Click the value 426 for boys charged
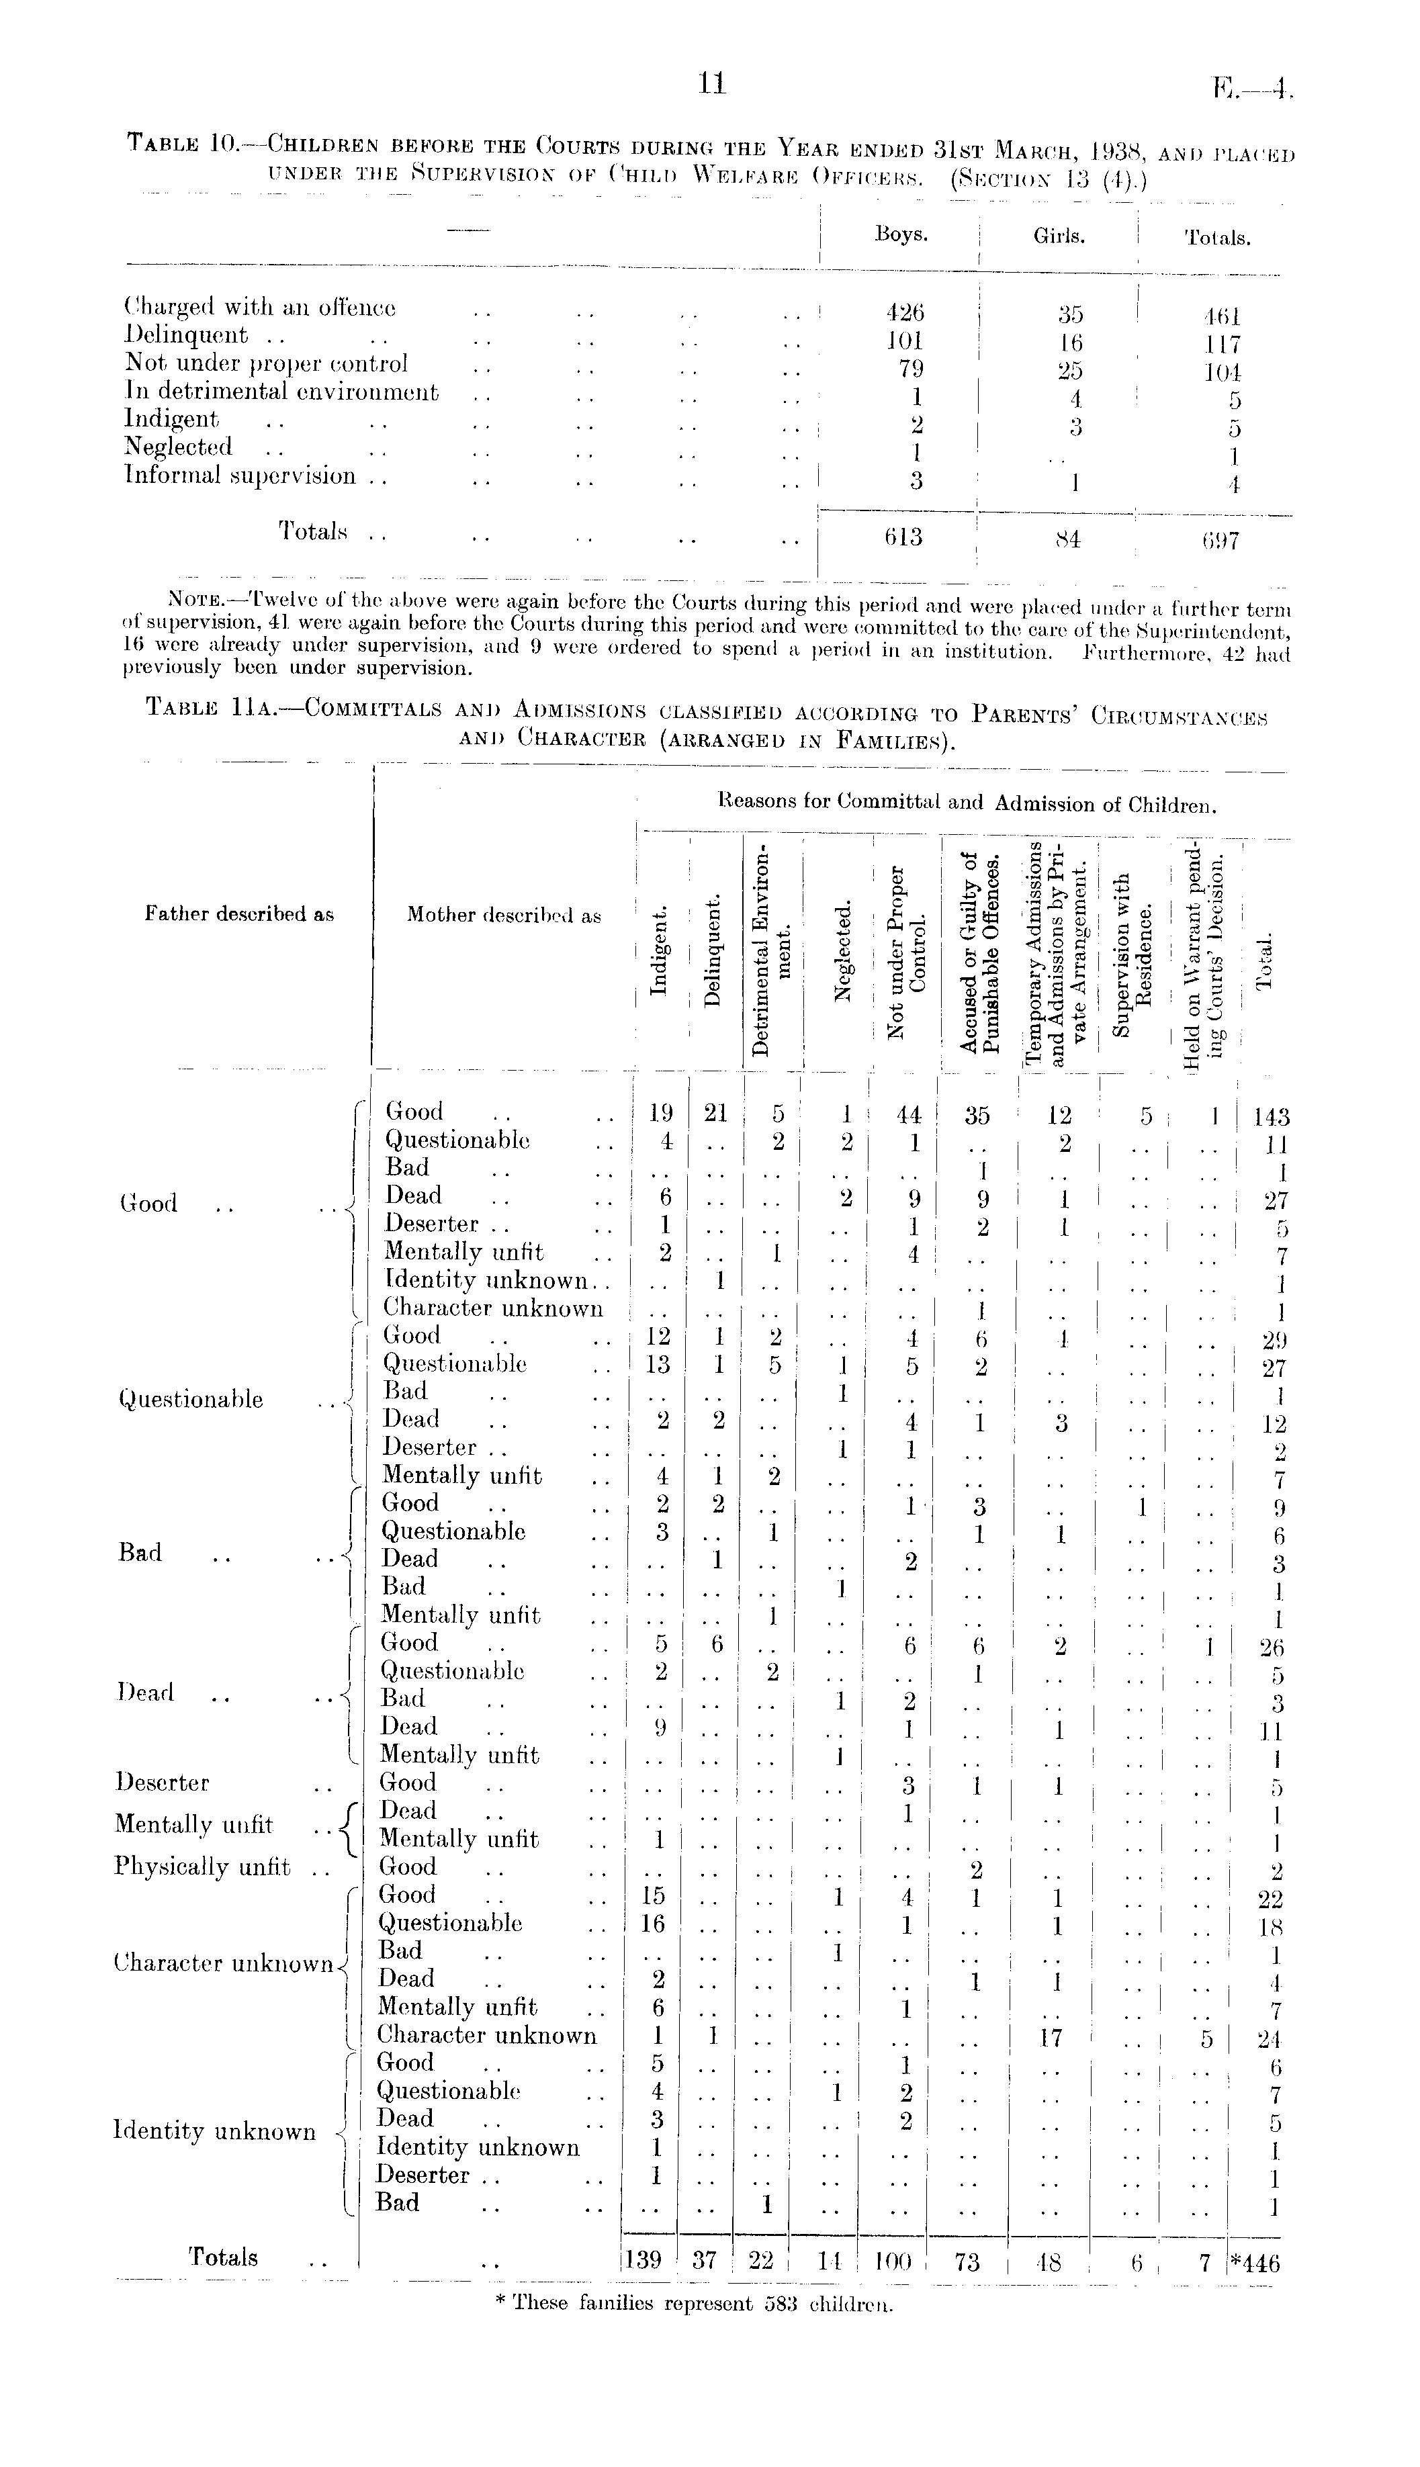[904, 313]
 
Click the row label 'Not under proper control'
[266, 364]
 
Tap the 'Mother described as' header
[503, 915]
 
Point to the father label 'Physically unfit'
[203, 1867]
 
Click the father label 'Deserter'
[162, 1783]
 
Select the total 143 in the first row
[1272, 1116]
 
